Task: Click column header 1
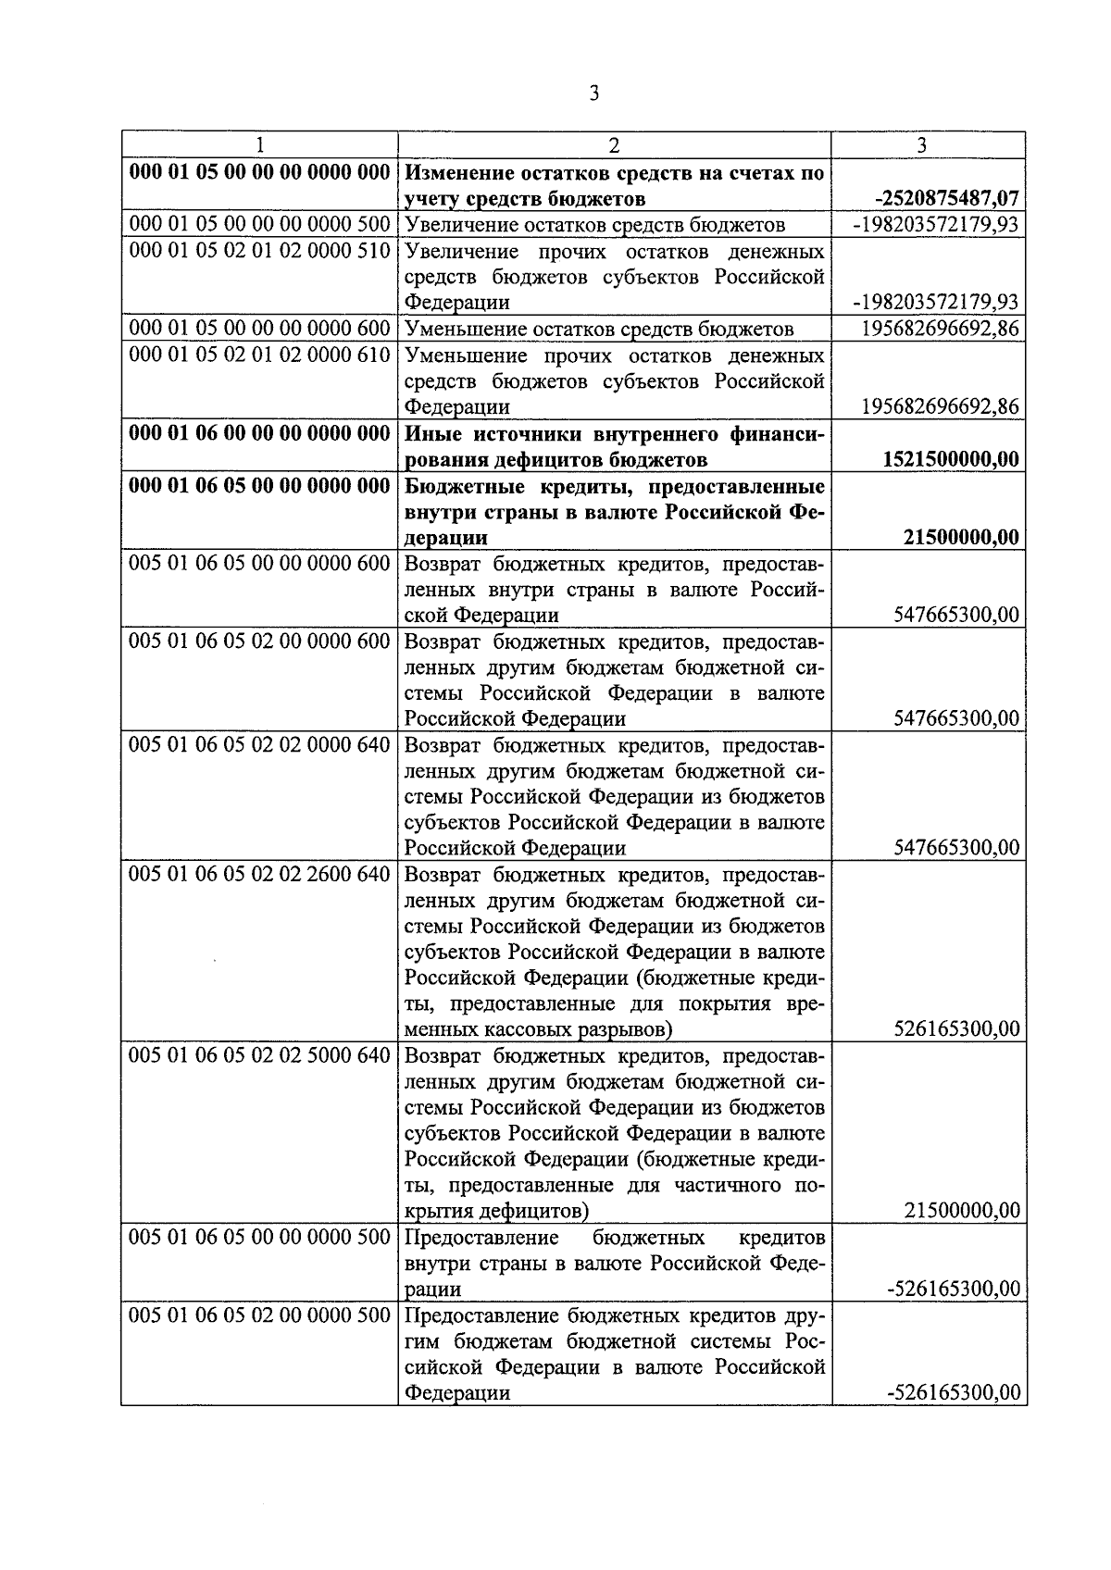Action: (260, 144)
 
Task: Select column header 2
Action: (614, 144)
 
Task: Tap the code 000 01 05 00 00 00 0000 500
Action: (260, 225)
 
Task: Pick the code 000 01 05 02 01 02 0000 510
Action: (260, 251)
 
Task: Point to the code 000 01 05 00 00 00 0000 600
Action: (260, 329)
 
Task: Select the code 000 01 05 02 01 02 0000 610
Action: (260, 355)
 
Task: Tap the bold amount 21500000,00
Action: (961, 537)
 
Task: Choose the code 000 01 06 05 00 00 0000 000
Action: (260, 485)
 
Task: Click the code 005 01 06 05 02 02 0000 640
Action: (260, 744)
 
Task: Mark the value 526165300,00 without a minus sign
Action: (957, 1029)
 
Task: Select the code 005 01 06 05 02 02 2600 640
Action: (260, 874)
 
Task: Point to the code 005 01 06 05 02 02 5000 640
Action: (260, 1055)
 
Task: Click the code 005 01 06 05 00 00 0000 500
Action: (260, 1237)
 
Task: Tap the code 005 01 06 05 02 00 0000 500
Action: (260, 1315)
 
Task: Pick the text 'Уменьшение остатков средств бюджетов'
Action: (599, 329)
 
